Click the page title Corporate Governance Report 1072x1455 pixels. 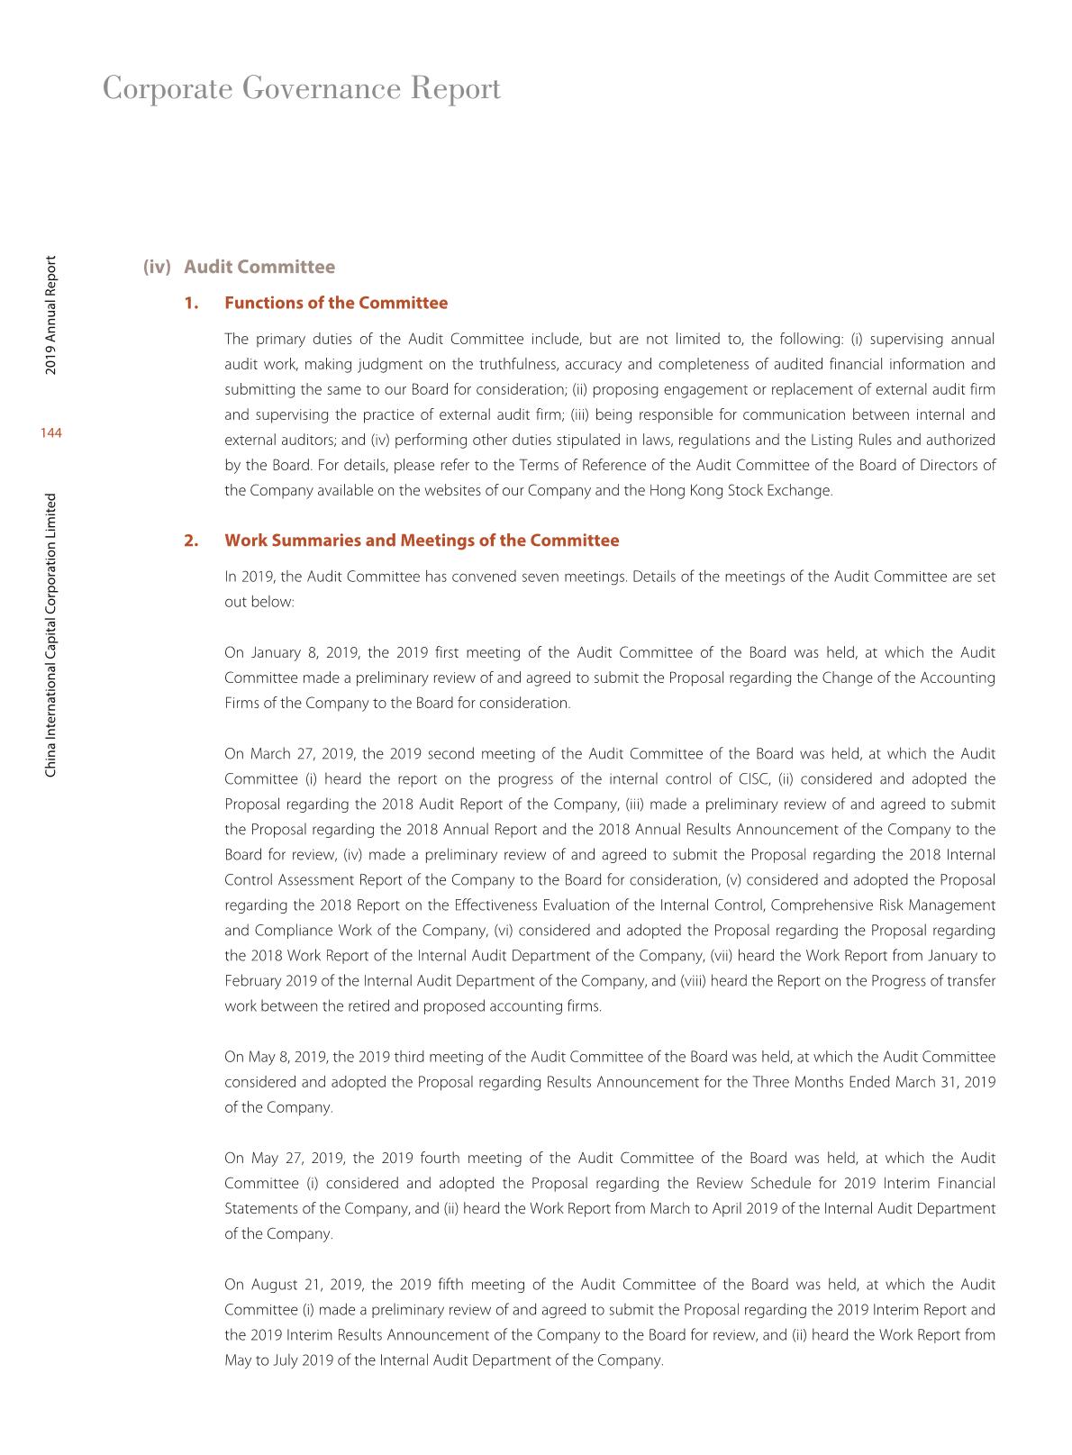[x=302, y=89]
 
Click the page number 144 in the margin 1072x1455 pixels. [x=50, y=433]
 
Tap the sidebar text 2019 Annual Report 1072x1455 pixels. [x=51, y=315]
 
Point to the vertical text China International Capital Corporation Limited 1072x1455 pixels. [x=51, y=634]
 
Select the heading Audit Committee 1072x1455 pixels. [x=259, y=267]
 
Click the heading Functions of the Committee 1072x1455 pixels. [x=336, y=303]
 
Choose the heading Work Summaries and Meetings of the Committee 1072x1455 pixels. [x=422, y=541]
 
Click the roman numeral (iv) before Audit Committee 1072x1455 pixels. [x=157, y=267]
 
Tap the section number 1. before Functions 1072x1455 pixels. [x=191, y=303]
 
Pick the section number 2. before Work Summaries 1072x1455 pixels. [x=191, y=541]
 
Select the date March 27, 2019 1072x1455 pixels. [x=302, y=754]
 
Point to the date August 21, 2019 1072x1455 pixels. [x=305, y=1285]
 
